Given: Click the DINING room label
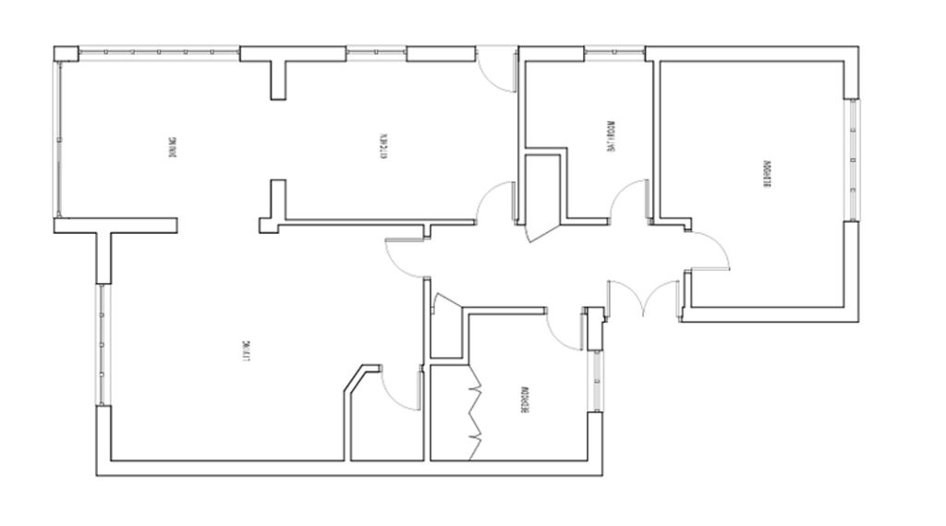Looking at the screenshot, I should click(173, 148).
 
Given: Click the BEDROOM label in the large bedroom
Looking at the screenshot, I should click(766, 173).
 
